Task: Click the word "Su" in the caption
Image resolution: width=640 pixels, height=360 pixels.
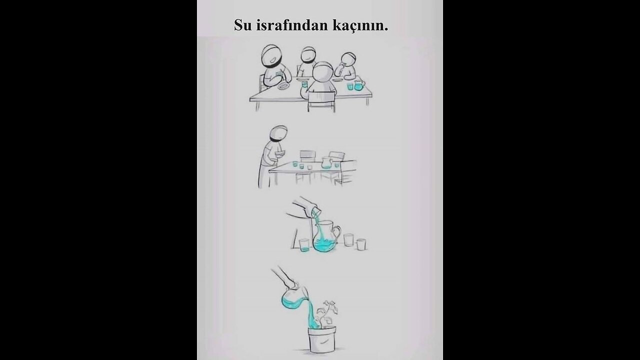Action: tap(242, 25)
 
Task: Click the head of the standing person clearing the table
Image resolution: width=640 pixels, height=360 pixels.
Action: tap(278, 135)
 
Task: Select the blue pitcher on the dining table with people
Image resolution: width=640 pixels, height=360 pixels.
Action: tap(359, 84)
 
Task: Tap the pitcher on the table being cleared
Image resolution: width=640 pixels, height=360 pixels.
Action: tap(326, 163)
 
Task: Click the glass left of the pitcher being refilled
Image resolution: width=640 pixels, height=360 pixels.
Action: tap(303, 245)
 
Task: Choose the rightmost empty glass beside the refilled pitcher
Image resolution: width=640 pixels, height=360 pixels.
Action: tap(360, 244)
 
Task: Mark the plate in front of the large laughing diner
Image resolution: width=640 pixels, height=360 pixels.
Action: tap(283, 86)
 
